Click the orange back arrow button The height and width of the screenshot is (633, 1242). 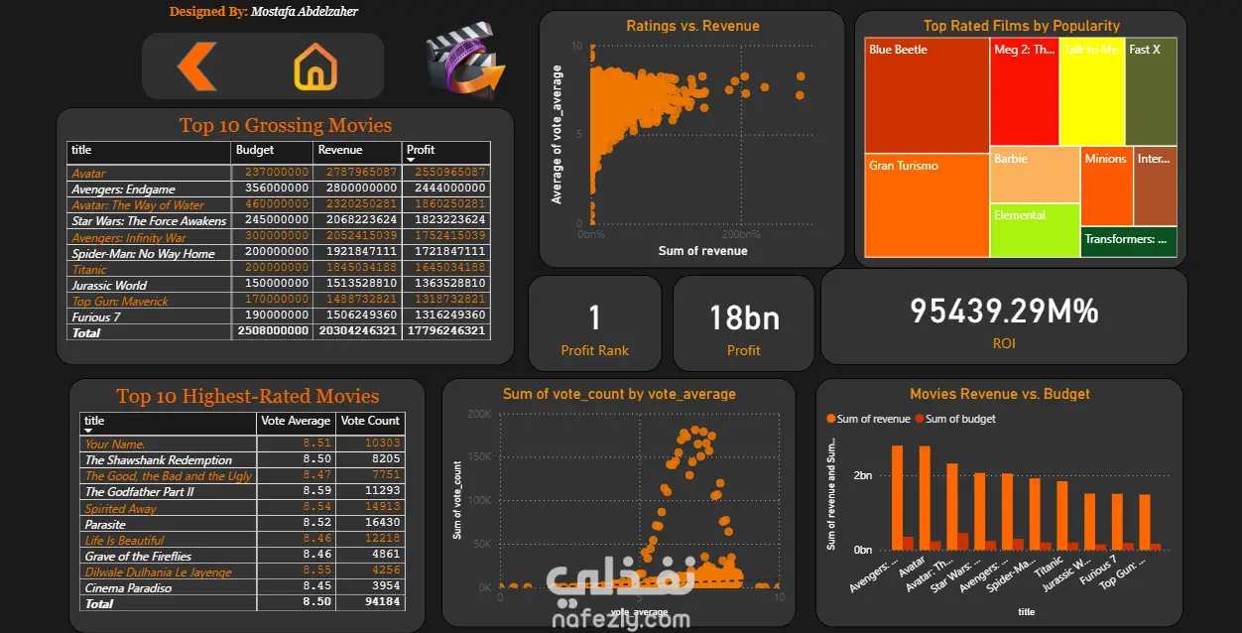pos(197,67)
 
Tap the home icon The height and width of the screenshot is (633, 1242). pos(315,67)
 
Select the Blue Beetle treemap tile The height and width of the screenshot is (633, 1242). pos(927,95)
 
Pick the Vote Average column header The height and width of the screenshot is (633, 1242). pos(295,421)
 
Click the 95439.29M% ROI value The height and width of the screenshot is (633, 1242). pos(1004,312)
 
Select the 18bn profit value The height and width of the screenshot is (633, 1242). pos(743,317)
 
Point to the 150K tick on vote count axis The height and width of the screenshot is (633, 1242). pos(478,457)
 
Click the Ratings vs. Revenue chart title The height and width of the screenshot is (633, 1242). pos(692,26)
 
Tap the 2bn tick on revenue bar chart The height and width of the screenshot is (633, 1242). pos(863,476)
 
